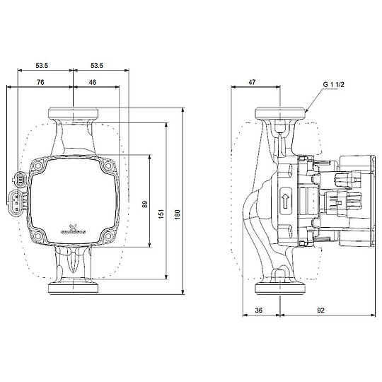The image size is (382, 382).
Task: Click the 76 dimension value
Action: pos(40,83)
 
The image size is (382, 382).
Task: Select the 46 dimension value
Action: pos(93,83)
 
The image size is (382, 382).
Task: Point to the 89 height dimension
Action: pos(144,204)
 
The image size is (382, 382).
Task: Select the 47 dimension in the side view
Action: pos(252,83)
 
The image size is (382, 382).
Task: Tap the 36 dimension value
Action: pos(259,309)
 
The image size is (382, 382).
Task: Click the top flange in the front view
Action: pos(73,113)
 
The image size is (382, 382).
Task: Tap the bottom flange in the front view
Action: pos(73,289)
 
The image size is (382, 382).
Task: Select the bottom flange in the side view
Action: pos(281,289)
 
